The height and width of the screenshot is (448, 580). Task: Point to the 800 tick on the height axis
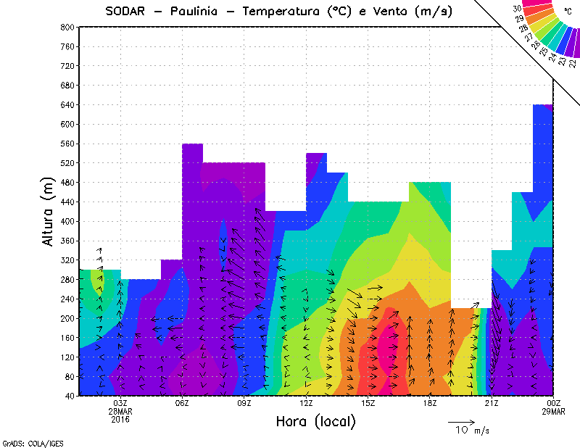[67, 27]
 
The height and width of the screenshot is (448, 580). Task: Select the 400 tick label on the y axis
[67, 222]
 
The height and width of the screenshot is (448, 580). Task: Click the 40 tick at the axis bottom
[70, 397]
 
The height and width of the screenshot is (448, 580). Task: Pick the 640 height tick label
[67, 104]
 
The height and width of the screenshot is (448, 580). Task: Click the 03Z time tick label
[120, 403]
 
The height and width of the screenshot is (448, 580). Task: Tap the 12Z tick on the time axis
[306, 403]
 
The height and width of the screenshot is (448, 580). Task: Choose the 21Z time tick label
[492, 403]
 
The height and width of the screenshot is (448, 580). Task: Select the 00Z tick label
[553, 403]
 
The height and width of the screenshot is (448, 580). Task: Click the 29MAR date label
[553, 411]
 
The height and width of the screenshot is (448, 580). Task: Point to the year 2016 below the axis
[120, 419]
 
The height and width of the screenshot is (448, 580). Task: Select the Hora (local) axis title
[315, 421]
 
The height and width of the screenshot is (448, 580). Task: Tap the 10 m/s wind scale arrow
[461, 420]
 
